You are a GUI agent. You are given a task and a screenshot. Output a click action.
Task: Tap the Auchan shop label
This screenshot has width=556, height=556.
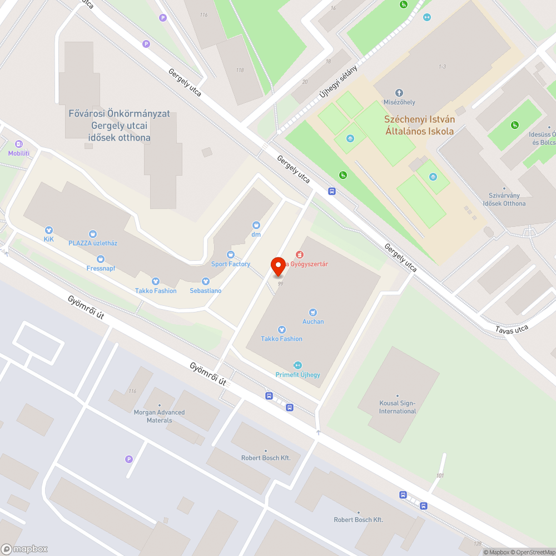point(313,321)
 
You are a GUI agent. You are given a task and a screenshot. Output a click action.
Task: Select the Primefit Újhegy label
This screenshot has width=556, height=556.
point(297,374)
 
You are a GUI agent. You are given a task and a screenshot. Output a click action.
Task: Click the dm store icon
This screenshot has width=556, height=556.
point(256,225)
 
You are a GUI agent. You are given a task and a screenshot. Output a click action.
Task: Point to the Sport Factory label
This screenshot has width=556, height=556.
point(231,264)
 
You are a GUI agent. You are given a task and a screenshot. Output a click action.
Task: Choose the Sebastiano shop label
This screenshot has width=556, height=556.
point(206,291)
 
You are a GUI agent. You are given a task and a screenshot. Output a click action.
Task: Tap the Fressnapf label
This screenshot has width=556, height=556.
point(100,267)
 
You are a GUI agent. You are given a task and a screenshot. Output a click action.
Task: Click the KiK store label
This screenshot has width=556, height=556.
point(49,240)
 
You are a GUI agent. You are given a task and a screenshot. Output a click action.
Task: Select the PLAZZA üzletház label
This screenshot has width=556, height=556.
point(93,243)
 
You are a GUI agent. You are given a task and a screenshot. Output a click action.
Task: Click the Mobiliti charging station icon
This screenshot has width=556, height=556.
point(19,144)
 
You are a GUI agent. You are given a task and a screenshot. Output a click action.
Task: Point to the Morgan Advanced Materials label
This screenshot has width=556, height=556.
point(160,416)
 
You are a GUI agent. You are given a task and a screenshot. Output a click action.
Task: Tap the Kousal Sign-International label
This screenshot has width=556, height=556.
point(398,407)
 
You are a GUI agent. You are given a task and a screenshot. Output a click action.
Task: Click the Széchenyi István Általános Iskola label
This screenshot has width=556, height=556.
point(420,125)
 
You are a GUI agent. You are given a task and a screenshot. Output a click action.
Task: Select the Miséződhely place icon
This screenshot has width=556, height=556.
point(399,93)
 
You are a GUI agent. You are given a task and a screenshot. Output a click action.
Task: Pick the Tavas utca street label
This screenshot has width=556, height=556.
point(512,329)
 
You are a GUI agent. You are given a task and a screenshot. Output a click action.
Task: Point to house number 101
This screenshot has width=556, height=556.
point(440,475)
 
